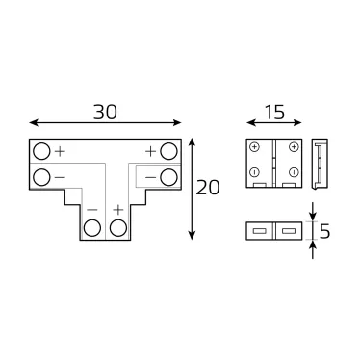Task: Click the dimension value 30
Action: (106, 112)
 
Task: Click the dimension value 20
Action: (207, 189)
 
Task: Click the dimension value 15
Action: (273, 112)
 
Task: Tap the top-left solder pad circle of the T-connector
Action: (41, 152)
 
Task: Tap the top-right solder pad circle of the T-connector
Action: (169, 152)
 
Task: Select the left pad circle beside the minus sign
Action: (41, 176)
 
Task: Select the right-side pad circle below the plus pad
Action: (169, 176)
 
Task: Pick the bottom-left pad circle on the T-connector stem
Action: (92, 228)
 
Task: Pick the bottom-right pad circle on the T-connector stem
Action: (118, 228)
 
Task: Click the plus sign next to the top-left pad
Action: (60, 151)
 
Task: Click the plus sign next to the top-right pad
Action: (151, 151)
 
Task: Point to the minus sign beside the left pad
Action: (60, 177)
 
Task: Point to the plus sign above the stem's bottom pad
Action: (118, 209)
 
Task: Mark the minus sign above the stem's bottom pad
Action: (92, 209)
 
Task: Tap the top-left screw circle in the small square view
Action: (254, 148)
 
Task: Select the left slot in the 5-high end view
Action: (260, 231)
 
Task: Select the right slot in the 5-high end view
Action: (288, 231)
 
